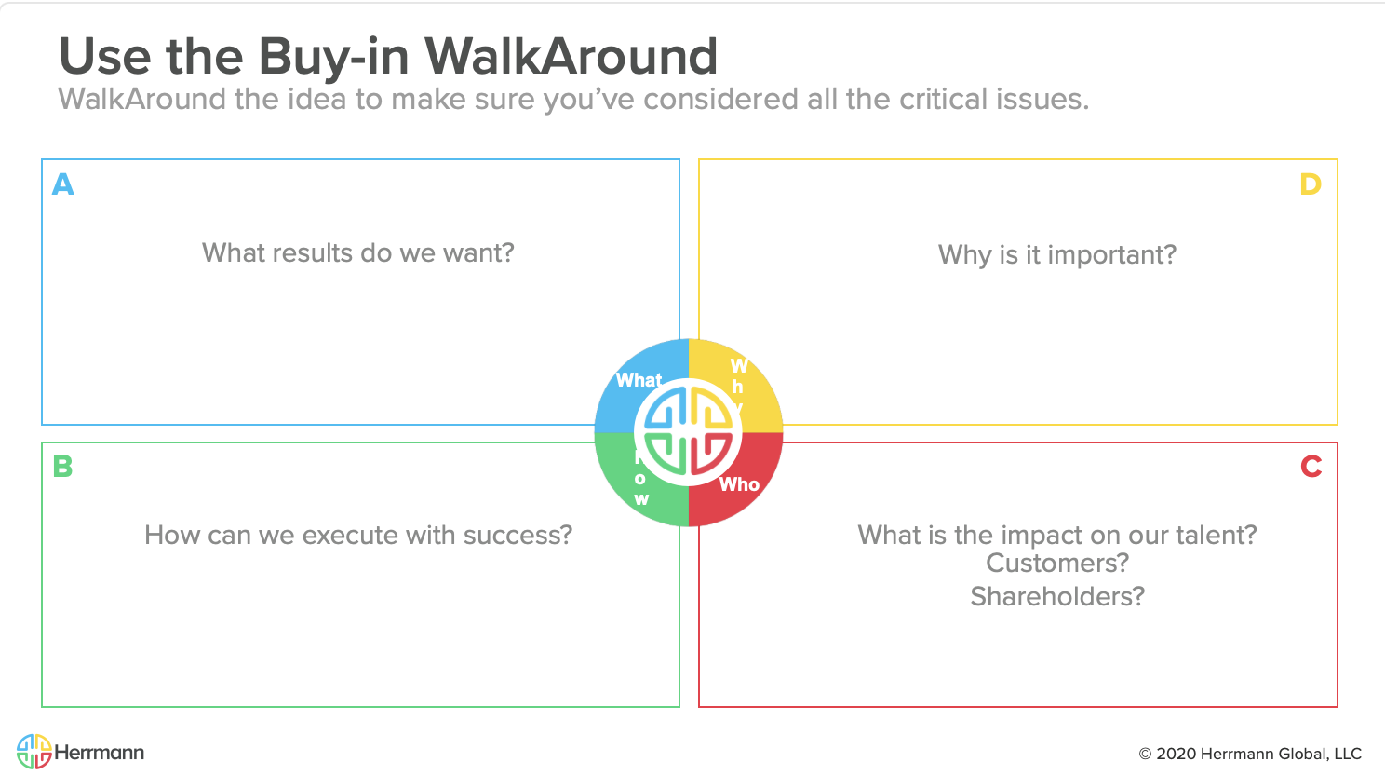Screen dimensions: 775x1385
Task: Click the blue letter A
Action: [63, 184]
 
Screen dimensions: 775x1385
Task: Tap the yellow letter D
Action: [1311, 184]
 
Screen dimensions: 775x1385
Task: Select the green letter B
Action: [63, 466]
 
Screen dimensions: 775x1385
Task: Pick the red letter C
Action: [1311, 466]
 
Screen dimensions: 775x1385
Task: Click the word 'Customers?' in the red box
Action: [1057, 563]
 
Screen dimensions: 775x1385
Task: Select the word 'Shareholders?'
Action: [1057, 596]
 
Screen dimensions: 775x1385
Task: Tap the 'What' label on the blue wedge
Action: [639, 380]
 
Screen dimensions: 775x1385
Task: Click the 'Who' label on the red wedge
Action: [739, 484]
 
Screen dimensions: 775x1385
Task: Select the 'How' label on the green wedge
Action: [640, 479]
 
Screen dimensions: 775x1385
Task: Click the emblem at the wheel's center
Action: [689, 433]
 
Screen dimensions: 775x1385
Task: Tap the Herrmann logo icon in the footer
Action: [34, 752]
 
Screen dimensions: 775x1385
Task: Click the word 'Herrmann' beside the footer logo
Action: [100, 753]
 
